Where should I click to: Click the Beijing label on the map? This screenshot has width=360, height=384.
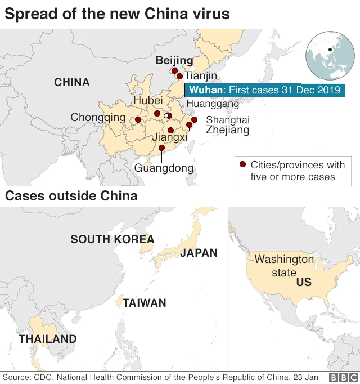[174, 60]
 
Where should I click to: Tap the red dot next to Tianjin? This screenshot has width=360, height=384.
[179, 76]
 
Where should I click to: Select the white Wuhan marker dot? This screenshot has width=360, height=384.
[166, 116]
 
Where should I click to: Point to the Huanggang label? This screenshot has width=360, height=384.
[212, 104]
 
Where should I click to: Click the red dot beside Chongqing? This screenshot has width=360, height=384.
[138, 119]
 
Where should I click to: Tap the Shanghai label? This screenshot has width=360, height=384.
[227, 120]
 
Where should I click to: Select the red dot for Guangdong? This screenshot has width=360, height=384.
[162, 148]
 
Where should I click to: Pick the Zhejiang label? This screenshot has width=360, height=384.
[227, 131]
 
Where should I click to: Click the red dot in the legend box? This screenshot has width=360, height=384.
[242, 165]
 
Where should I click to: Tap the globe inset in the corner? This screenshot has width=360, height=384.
[328, 55]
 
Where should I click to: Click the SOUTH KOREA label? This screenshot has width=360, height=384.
[112, 239]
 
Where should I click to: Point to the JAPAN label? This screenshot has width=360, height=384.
[199, 253]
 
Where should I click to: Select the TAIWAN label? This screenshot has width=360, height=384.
[145, 303]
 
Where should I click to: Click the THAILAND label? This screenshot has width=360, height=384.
[47, 339]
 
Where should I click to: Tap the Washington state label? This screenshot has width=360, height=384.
[284, 266]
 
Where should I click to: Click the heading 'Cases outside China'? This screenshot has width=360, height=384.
[71, 196]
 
